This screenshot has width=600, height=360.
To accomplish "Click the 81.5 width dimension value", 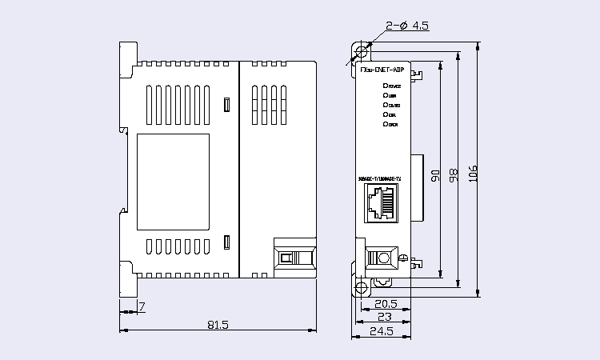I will tap(218, 325).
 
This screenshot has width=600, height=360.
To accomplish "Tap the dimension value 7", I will tap(142, 306).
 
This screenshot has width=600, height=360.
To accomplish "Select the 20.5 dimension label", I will tap(386, 303).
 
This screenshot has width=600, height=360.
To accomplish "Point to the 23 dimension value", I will tap(386, 317).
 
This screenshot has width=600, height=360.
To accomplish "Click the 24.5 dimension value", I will tap(382, 331).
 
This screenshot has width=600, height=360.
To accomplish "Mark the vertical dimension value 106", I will tap(473, 174).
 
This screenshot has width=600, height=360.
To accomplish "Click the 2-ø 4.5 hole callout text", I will tap(407, 26).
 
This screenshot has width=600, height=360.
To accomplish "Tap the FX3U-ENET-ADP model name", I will tap(382, 71).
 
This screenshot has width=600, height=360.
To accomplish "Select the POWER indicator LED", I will tap(386, 86).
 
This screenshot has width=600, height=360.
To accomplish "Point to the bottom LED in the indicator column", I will tap(386, 124).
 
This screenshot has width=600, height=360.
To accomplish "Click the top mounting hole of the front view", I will tap(361, 52).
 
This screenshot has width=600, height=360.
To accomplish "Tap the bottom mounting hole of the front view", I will tap(361, 287).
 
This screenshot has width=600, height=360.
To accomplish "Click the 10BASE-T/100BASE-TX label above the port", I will tap(381, 178).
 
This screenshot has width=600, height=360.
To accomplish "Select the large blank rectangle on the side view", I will tap(174, 179).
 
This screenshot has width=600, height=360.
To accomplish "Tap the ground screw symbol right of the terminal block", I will tap(404, 258).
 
